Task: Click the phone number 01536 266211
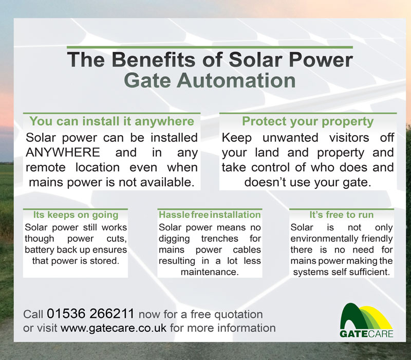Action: tap(90, 314)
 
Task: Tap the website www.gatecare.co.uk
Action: tap(114, 328)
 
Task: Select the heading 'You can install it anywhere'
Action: tap(111, 121)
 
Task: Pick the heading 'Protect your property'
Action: tap(308, 121)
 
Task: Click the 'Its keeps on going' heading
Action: tap(76, 214)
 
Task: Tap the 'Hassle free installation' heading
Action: tap(210, 214)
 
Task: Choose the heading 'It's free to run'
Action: tap(341, 214)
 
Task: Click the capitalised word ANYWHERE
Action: tap(63, 152)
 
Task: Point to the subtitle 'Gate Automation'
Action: tap(210, 80)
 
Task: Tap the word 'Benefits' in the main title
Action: tap(154, 60)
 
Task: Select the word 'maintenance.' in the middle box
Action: tap(210, 272)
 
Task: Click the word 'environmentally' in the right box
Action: tap(324, 239)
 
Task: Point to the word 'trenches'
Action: tap(220, 239)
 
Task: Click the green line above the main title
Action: tap(210, 47)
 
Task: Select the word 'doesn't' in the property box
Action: tap(265, 182)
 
